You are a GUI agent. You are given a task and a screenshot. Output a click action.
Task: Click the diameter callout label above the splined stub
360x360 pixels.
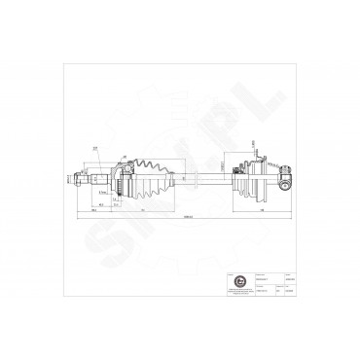click(96, 148)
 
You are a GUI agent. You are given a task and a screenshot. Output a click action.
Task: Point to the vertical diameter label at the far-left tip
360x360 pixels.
click(69, 178)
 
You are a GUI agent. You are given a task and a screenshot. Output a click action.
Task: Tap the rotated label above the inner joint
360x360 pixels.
click(253, 145)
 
